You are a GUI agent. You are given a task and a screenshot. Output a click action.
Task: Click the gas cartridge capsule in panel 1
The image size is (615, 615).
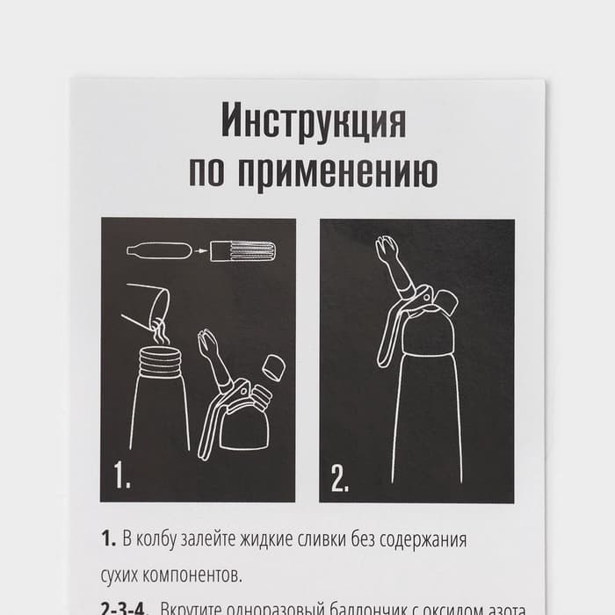pos(159,251)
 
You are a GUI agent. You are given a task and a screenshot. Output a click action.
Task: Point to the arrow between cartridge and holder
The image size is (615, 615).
pos(202,252)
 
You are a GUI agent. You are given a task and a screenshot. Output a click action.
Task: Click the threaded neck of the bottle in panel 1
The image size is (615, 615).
pos(161,361)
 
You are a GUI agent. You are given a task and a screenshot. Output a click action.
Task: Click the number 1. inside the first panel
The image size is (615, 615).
pos(122,476)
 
